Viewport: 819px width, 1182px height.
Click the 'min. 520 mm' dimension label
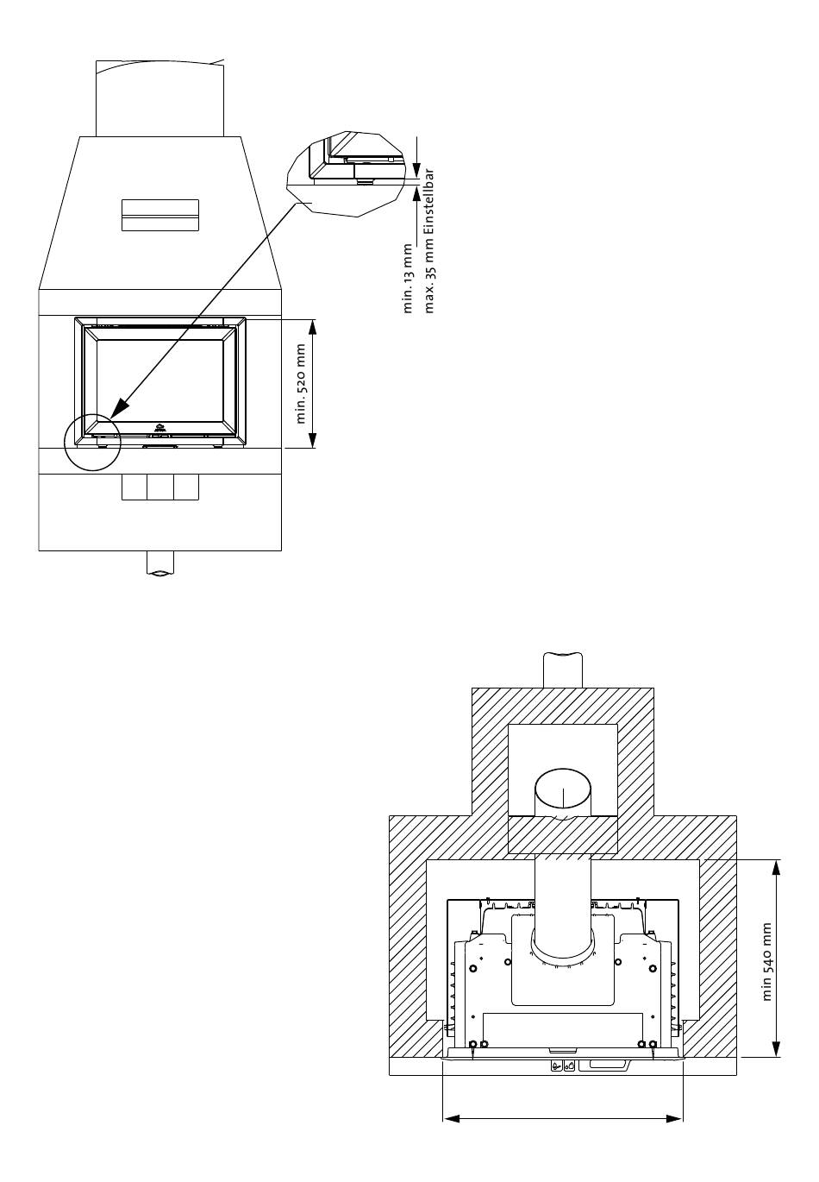point(301,384)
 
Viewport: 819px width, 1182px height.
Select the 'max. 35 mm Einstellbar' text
point(428,241)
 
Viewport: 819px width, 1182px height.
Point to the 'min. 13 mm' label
point(407,278)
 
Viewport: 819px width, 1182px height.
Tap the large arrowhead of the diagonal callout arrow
point(121,406)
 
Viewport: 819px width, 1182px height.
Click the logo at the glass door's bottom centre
point(159,428)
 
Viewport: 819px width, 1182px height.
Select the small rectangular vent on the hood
point(160,216)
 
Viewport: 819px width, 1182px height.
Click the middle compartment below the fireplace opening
point(160,487)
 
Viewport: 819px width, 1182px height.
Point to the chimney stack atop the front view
point(159,98)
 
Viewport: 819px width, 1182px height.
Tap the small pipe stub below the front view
point(160,563)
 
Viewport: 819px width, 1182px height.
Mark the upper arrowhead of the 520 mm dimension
point(312,328)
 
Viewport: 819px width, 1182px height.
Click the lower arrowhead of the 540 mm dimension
point(776,1048)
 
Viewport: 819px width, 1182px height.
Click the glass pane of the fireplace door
point(159,380)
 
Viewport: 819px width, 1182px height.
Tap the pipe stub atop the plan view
point(563,670)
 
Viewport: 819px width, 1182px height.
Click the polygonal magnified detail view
point(347,173)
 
